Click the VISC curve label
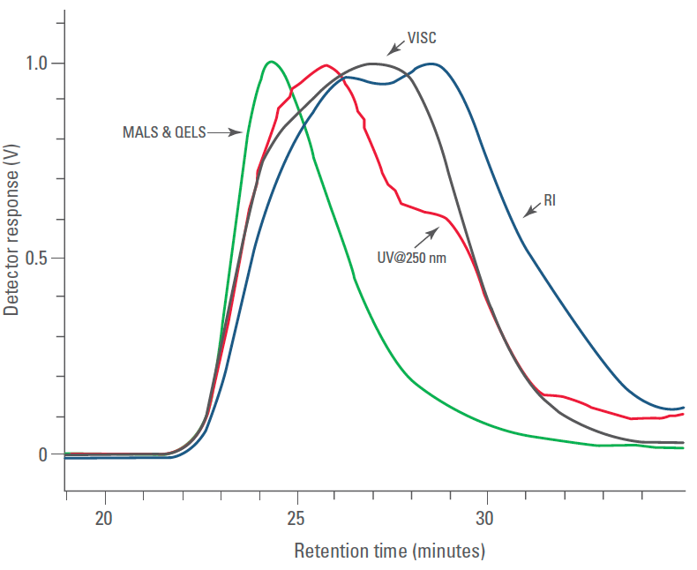[422, 39]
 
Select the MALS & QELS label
[164, 133]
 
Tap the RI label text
[550, 201]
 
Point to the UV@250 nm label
[411, 259]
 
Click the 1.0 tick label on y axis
[37, 64]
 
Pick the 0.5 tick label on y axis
[37, 259]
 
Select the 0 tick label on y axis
[42, 454]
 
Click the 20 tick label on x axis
[104, 518]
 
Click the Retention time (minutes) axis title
[389, 551]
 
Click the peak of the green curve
[271, 62]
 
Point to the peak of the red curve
[326, 65]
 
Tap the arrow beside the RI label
[531, 210]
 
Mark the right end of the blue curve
[683, 408]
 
